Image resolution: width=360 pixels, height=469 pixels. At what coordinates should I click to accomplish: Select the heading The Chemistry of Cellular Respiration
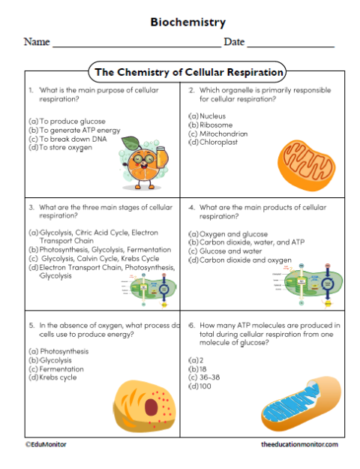coord(187,73)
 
